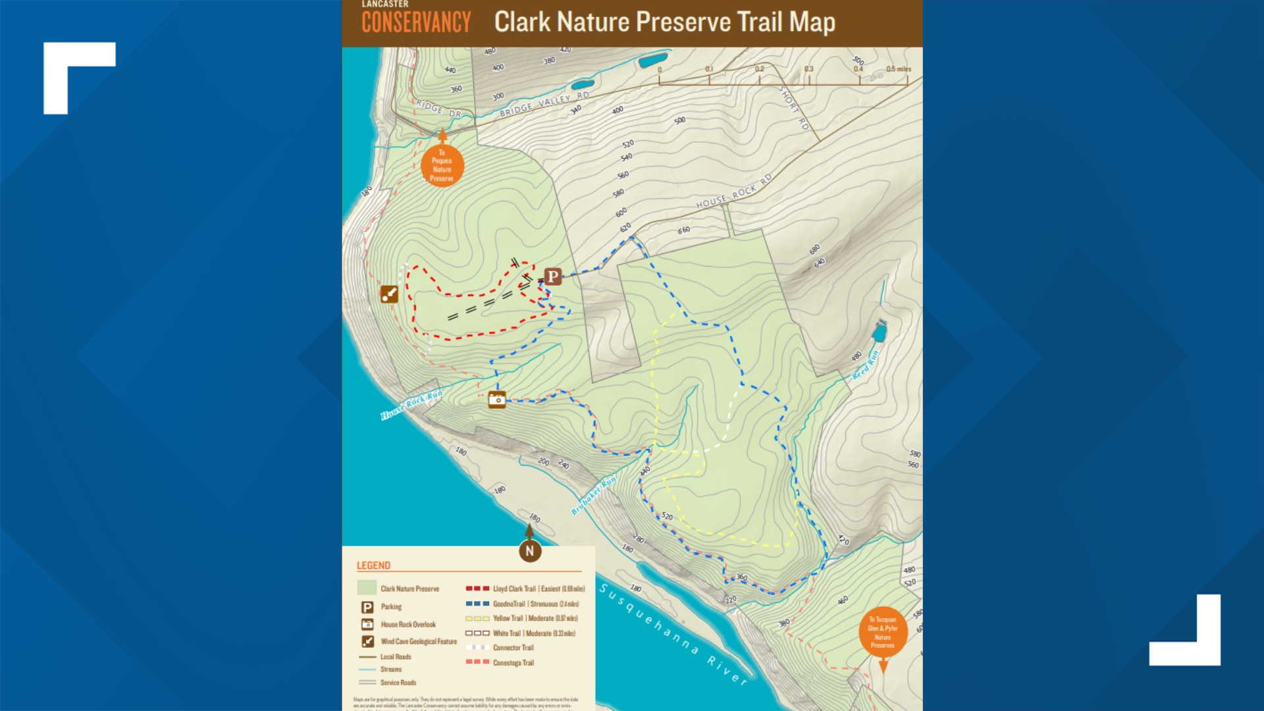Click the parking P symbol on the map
click(x=553, y=276)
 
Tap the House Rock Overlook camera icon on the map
click(x=497, y=400)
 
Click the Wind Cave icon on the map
click(x=389, y=294)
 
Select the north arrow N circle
click(x=530, y=551)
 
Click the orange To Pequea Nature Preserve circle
click(x=442, y=166)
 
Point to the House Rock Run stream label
click(x=411, y=404)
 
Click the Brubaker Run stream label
click(x=594, y=494)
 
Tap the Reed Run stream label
click(x=865, y=365)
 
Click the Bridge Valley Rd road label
click(x=544, y=105)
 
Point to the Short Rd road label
click(x=793, y=107)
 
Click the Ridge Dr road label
click(x=438, y=108)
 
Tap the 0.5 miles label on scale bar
click(x=898, y=69)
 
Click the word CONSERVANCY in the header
click(x=416, y=22)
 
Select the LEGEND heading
click(x=373, y=566)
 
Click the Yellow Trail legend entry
click(x=534, y=618)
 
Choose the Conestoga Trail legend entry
click(x=513, y=663)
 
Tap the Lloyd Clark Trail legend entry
click(x=538, y=589)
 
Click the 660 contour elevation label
click(x=684, y=230)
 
